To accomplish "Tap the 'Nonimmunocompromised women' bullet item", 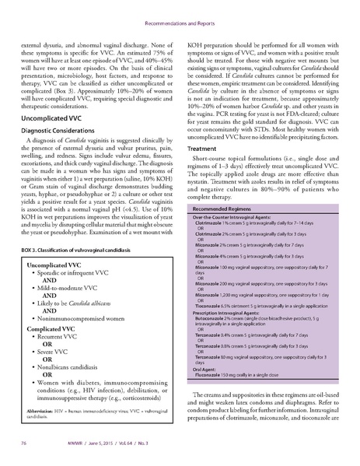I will tap(82, 318).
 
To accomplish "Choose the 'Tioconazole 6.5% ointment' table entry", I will tap(233, 307).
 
